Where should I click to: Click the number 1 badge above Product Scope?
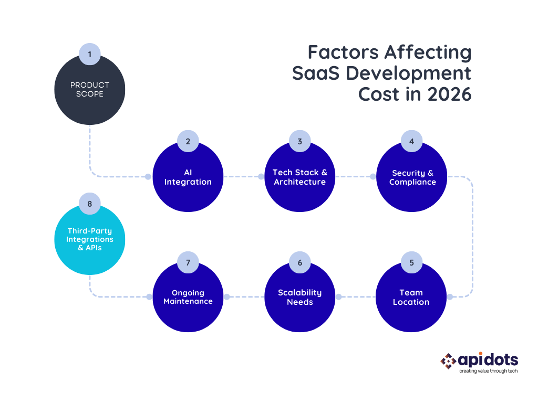(90, 54)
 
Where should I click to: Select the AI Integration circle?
(188, 177)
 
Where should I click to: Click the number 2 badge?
(188, 141)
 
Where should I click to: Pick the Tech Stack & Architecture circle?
(300, 177)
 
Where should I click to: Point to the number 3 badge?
(300, 141)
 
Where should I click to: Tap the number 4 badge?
(412, 141)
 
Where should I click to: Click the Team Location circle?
(411, 298)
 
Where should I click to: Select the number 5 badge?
(412, 262)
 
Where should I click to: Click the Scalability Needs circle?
(300, 298)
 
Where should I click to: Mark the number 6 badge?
(300, 262)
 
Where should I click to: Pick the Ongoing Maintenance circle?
(188, 298)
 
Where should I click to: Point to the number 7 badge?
(188, 262)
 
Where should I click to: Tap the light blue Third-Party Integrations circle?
(90, 240)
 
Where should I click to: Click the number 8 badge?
(90, 204)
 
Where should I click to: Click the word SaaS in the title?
(316, 73)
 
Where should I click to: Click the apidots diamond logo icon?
(448, 361)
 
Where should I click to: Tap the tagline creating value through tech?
(489, 371)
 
